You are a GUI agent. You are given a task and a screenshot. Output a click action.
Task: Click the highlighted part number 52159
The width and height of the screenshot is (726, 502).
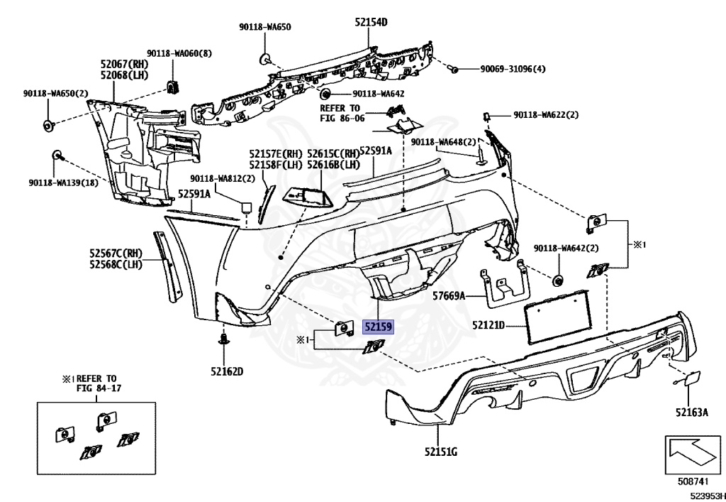click(x=378, y=327)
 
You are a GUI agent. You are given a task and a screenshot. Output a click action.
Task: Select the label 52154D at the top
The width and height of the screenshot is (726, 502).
click(x=372, y=23)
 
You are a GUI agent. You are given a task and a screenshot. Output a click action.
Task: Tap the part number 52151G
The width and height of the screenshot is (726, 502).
click(x=441, y=452)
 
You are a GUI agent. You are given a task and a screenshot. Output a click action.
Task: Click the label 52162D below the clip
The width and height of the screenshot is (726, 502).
click(x=226, y=371)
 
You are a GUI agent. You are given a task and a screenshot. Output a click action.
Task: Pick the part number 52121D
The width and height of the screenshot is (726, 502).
click(x=488, y=326)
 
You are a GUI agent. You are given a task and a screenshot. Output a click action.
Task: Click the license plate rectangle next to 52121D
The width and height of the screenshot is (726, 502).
click(x=557, y=316)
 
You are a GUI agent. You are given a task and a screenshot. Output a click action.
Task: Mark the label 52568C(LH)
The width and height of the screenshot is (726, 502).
click(x=116, y=265)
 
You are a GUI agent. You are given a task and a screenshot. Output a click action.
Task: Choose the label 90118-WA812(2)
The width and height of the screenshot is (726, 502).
click(x=222, y=178)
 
